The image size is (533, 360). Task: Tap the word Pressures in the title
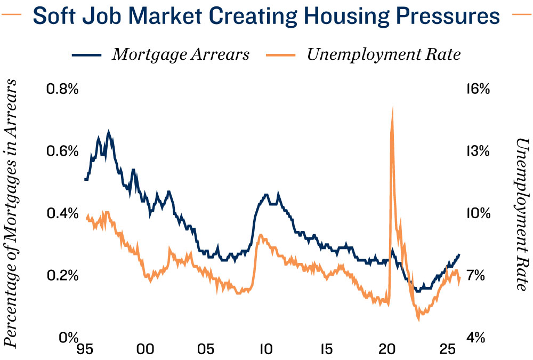tap(448, 15)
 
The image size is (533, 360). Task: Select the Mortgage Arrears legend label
tap(181, 54)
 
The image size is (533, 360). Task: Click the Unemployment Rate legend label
tap(384, 54)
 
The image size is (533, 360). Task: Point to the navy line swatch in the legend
tap(86, 55)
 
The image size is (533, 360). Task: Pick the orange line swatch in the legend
tap(281, 55)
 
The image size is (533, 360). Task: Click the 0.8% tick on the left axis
tap(62, 89)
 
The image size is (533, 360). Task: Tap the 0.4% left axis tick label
tap(62, 213)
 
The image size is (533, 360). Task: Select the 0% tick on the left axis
tap(69, 338)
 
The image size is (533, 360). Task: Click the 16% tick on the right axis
tap(479, 89)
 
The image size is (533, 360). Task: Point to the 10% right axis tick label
tap(479, 213)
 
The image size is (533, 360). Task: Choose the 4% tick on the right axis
tap(475, 338)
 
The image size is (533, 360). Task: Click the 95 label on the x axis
tap(85, 349)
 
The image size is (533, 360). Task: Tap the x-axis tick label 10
tap(266, 349)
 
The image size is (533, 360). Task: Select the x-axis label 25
tap(447, 349)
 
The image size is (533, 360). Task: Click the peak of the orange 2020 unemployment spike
tap(393, 108)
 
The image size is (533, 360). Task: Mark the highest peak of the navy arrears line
tap(109, 131)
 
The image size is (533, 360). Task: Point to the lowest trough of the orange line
tap(418, 319)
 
